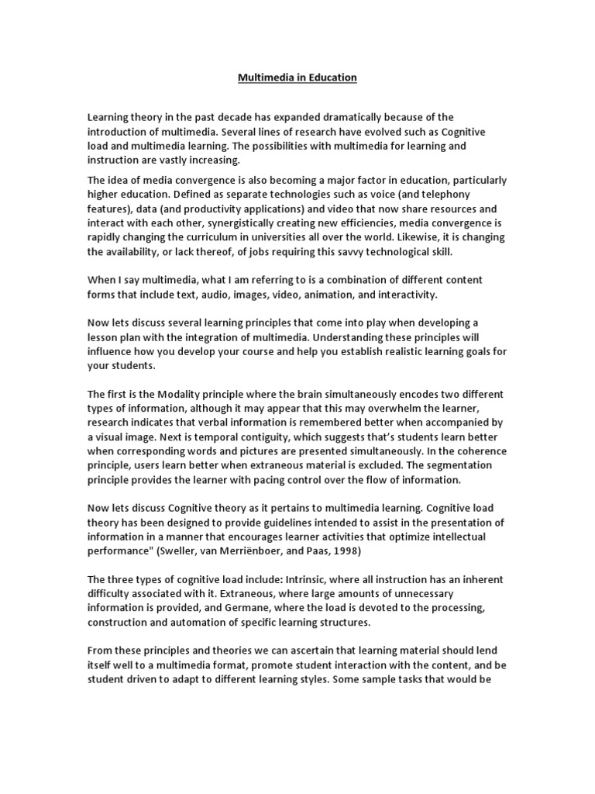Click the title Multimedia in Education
point(297,78)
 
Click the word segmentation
point(454,465)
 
